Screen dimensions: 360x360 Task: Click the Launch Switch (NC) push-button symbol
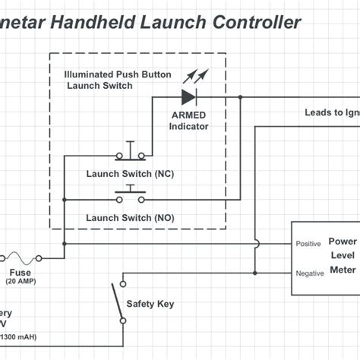[131, 154]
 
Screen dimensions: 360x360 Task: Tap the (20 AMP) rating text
[21, 283]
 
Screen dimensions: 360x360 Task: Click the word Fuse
[21, 272]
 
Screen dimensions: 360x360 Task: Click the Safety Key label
[150, 304]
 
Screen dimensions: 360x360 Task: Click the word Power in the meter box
[343, 242]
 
